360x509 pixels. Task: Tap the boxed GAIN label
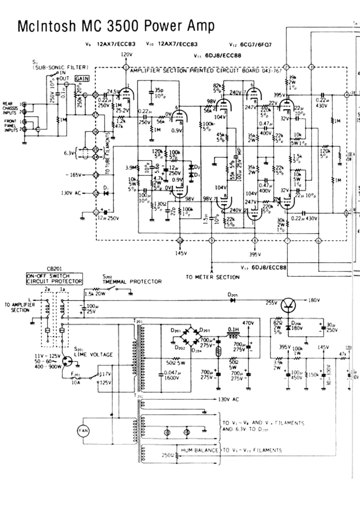82,78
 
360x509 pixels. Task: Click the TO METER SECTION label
212,277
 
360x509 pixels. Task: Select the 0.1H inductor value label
234,330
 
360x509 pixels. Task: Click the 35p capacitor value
159,90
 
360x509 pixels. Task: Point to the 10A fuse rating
76,382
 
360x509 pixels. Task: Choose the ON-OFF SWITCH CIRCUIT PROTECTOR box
54,278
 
